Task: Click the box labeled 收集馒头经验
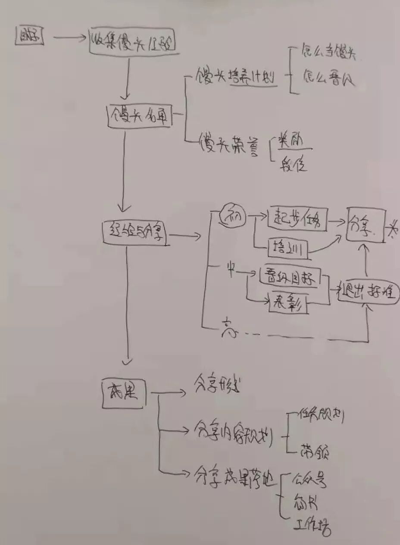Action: [133, 41]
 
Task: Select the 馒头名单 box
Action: [139, 115]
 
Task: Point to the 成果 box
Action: [124, 392]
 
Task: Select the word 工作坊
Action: [312, 526]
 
